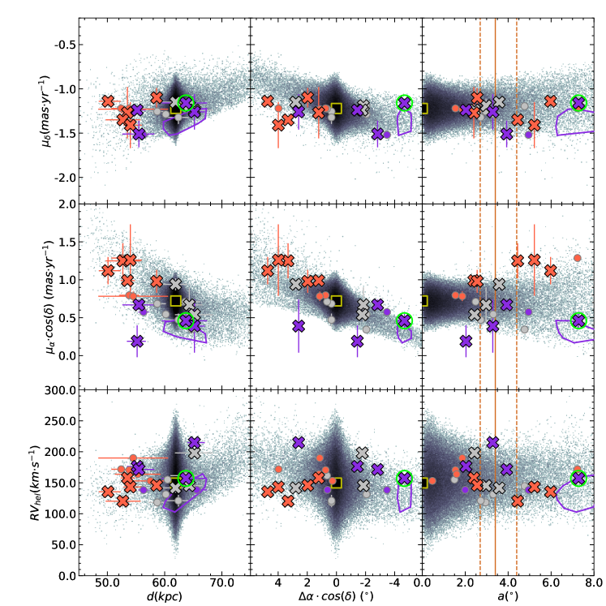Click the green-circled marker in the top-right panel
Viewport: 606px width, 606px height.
click(578, 103)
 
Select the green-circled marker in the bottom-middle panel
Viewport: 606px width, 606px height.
click(405, 479)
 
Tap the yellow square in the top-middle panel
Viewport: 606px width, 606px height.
click(337, 108)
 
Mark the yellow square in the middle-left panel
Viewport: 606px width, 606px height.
click(175, 302)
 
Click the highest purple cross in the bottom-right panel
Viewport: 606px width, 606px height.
click(492, 442)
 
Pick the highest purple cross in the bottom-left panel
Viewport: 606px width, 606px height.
click(194, 443)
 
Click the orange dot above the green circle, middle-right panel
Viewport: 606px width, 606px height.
click(578, 258)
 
